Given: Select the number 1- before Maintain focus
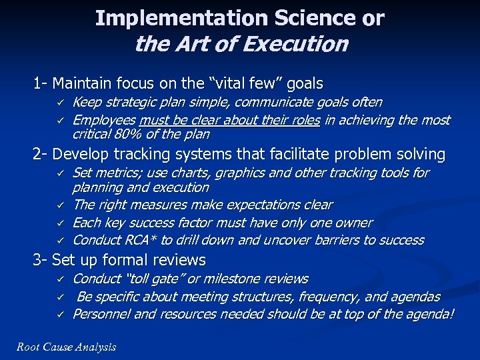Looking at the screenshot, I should point(41,84).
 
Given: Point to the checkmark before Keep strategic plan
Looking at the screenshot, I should point(59,103).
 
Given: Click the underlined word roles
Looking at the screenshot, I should point(303,121).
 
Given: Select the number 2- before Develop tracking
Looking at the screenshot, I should point(41,155).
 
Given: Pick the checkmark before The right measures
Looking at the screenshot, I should point(59,205).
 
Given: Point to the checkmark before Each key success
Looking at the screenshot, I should point(59,223).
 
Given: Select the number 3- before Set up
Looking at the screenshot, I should point(41,259).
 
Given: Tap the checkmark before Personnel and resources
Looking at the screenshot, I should point(59,314).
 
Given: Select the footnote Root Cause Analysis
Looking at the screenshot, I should point(66,347).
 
